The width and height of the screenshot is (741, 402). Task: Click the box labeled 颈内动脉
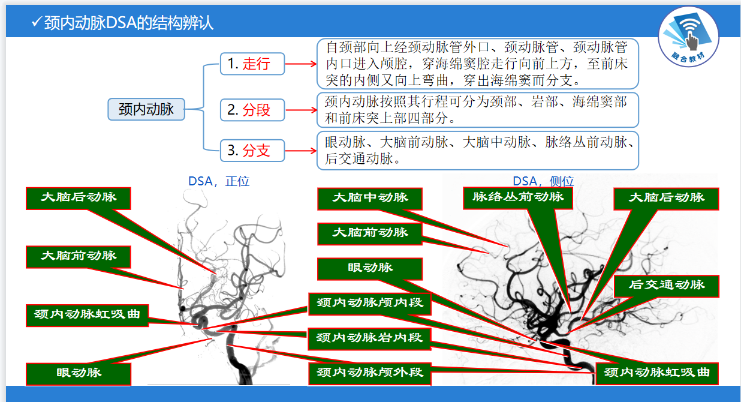coord(146,109)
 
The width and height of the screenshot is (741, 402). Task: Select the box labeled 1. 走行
coord(252,63)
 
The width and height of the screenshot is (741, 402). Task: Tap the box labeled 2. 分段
coord(252,109)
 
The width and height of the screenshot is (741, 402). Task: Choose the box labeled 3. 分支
coord(252,150)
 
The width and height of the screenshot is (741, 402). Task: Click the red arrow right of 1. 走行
coord(300,63)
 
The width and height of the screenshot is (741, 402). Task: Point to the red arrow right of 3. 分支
coord(300,150)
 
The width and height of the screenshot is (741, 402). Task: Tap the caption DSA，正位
coord(218,181)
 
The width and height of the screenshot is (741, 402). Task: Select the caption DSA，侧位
coord(543,181)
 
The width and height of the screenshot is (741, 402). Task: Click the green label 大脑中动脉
coord(370,198)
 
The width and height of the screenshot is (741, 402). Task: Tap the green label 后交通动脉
coord(667,285)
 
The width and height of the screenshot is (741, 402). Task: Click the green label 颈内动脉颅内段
coord(369,303)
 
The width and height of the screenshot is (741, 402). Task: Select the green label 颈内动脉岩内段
coord(369,338)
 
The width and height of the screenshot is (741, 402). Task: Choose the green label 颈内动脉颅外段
coord(369,373)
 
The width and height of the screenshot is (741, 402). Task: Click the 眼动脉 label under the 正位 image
coord(79,373)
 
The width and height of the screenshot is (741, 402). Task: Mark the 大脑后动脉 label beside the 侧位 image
coord(666,198)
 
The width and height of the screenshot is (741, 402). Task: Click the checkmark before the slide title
coord(36,23)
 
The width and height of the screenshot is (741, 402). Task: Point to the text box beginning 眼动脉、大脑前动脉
coord(478,150)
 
